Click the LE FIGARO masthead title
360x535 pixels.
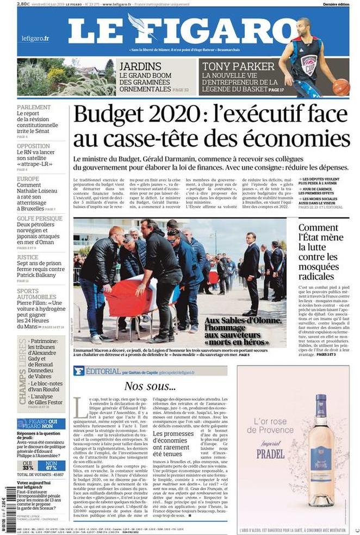pos(179,30)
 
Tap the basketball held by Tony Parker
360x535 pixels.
pos(341,86)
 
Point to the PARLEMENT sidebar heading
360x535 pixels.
pos(34,107)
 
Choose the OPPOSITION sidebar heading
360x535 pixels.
pos(33,146)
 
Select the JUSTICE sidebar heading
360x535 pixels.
pos(27,257)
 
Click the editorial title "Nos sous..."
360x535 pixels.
pos(150,387)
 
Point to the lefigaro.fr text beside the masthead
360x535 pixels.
pos(35,38)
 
